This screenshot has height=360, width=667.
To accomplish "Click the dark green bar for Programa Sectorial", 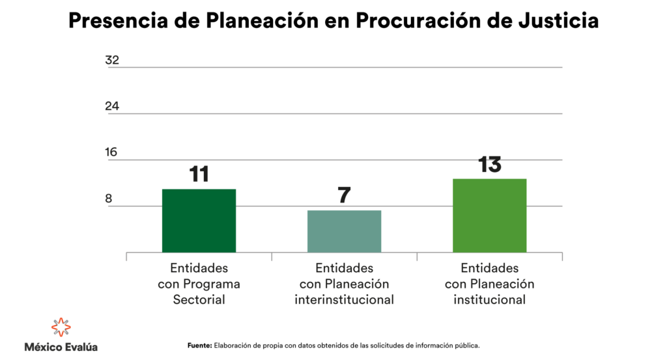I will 199,221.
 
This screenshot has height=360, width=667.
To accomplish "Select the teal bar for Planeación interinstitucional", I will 344,231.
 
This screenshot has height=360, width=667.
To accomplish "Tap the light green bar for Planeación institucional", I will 489,215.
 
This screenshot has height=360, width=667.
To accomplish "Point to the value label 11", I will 199,174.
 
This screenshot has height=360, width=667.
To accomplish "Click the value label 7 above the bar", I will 344,195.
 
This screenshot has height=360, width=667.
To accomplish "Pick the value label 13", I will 489,164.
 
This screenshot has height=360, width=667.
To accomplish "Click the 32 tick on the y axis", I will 112,60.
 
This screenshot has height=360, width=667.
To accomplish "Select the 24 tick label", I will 112,106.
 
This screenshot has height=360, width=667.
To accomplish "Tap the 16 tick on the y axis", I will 112,152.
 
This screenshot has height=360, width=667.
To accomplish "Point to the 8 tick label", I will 109,199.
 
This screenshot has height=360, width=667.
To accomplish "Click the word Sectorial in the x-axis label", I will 199,300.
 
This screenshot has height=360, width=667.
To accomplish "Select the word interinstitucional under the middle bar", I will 344,300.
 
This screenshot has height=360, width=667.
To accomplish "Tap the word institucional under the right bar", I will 489,300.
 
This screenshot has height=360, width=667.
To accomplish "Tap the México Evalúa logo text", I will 61,347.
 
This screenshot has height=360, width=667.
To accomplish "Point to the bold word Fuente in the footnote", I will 199,346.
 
